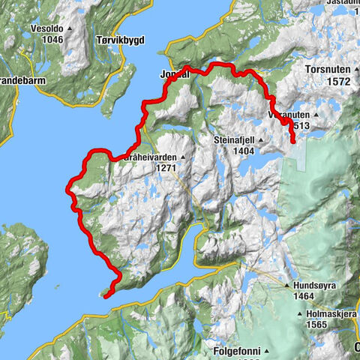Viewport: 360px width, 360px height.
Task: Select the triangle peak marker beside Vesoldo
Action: point(70,28)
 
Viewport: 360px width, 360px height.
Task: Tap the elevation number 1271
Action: point(166,168)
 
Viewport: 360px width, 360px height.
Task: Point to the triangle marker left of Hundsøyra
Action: point(287,286)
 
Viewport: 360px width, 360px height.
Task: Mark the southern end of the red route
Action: point(106,295)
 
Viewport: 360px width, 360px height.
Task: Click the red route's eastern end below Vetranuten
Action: point(292,140)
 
